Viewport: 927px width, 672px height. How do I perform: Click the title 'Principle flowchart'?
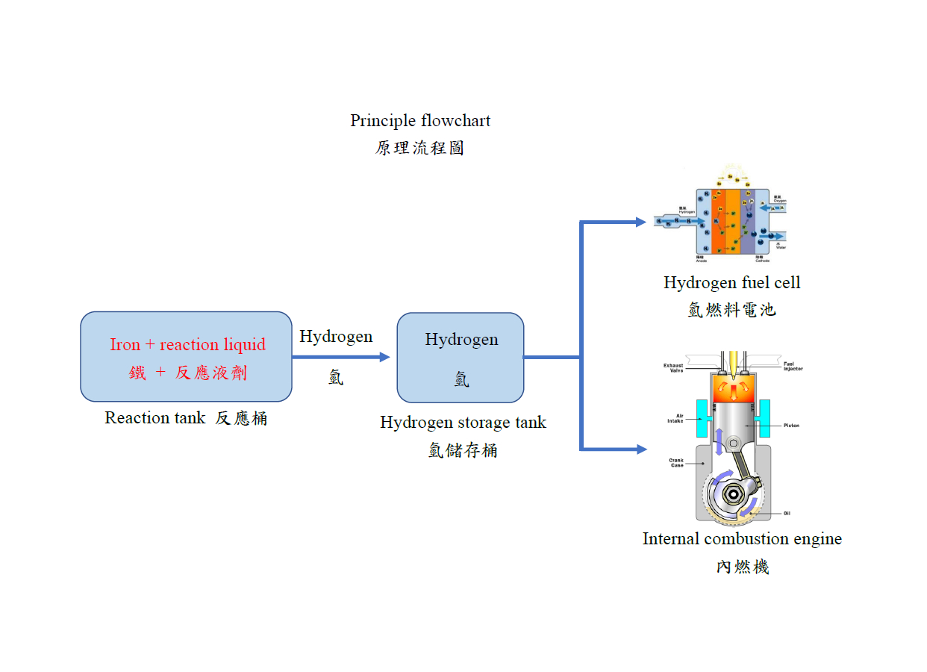420,121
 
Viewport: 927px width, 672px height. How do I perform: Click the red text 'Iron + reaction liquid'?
187,344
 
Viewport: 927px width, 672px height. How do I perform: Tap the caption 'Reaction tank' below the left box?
154,418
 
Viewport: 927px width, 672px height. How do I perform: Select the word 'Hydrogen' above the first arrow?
336,337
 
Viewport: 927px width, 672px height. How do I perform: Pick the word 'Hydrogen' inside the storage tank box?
461,340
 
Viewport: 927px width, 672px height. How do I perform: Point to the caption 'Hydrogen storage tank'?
463,423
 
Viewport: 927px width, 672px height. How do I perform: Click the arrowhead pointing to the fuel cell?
640,222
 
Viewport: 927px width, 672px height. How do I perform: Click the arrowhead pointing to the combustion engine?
640,449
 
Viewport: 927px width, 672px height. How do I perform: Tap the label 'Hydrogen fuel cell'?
731,283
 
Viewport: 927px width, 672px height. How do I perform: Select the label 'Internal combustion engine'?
742,539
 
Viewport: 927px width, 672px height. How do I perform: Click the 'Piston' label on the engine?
792,426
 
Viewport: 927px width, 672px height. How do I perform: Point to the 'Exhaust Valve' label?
673,367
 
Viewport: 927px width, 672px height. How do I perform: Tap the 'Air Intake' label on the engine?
675,419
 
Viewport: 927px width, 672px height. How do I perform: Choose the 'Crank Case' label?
676,462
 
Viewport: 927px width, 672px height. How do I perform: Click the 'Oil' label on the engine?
787,513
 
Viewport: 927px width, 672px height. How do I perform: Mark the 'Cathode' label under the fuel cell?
762,260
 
